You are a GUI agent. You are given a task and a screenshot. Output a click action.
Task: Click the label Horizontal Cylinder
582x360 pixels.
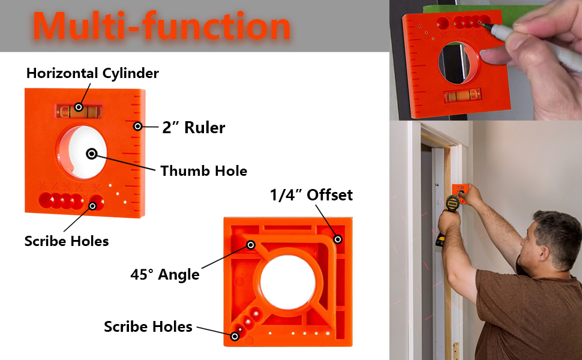[92, 74]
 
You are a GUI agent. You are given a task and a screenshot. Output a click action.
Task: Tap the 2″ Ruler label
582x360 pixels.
[193, 127]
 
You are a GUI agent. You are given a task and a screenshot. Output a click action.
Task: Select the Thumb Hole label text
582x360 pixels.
[203, 171]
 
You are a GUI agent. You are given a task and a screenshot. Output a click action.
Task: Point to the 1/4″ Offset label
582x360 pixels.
[311, 195]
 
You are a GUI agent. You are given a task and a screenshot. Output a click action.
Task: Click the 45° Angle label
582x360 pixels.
[165, 275]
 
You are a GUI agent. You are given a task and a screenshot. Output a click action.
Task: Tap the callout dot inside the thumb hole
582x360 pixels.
[91, 154]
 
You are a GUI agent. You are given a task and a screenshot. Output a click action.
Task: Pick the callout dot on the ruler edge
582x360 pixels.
[137, 126]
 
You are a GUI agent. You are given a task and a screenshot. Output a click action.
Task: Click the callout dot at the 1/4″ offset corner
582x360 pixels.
[338, 239]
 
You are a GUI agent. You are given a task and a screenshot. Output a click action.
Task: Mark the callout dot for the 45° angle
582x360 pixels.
[250, 245]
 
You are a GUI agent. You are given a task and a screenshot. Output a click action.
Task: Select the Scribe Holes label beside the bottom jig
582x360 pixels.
[148, 327]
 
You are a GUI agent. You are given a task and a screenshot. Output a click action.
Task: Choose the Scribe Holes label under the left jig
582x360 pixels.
[67, 241]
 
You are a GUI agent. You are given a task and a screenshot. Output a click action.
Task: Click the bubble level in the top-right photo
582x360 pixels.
[463, 95]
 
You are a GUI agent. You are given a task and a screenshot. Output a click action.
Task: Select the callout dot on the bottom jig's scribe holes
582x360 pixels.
[235, 337]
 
